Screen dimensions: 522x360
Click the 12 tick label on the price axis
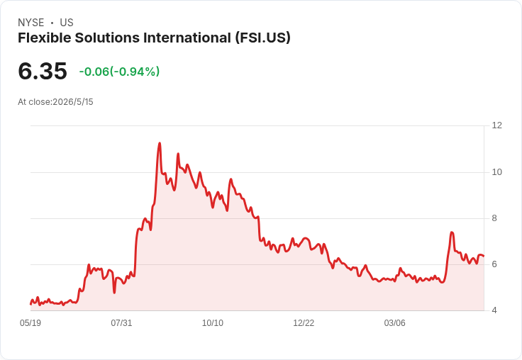tap(496, 125)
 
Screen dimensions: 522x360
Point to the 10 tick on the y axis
tap(496, 172)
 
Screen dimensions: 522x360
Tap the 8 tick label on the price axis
tap(494, 218)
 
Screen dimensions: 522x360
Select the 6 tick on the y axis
tap(494, 264)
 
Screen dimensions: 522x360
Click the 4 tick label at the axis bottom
tap(494, 310)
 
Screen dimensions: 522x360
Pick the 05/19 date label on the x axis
tap(30, 323)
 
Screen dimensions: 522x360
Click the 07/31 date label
tap(121, 323)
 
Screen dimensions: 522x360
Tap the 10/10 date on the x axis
tap(213, 323)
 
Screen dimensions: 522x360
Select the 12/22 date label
tap(304, 323)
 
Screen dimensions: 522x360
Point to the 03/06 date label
tap(395, 323)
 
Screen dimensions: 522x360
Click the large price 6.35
tap(43, 71)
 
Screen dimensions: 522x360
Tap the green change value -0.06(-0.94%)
tap(119, 72)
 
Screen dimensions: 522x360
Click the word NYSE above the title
tap(31, 23)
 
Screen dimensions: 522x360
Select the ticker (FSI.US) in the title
tap(262, 38)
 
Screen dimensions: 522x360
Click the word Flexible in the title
tap(44, 38)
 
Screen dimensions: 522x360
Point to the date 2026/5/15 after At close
tap(73, 102)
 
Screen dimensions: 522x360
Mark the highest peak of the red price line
tap(160, 143)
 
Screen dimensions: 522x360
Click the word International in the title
tap(187, 38)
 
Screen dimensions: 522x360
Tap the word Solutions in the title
tap(107, 38)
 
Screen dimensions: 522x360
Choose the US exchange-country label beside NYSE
tap(67, 23)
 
